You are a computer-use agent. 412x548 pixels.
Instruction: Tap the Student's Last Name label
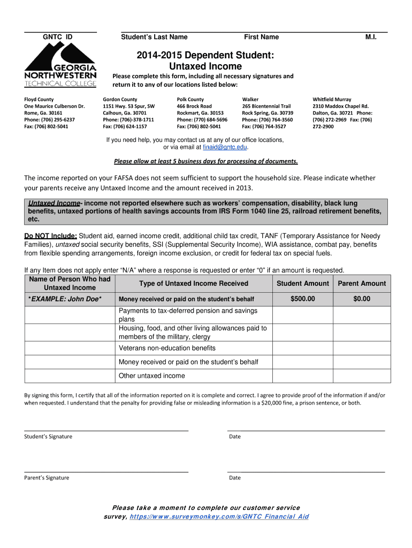(x=154, y=37)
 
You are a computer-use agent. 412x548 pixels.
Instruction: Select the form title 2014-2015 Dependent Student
(x=205, y=56)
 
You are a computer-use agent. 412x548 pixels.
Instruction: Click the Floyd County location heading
(x=39, y=100)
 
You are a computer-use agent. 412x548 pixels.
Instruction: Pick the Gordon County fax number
(x=125, y=127)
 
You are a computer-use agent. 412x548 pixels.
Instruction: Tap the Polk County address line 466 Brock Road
(x=194, y=106)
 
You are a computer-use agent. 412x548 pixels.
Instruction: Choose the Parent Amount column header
(x=362, y=284)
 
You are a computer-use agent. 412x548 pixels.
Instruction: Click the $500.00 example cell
(x=302, y=299)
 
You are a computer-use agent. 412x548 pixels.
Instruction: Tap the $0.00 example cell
(x=362, y=299)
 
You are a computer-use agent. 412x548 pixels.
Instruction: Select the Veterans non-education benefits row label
(x=167, y=348)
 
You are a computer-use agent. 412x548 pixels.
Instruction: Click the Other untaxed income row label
(x=152, y=376)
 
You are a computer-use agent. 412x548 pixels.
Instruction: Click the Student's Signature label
(x=48, y=437)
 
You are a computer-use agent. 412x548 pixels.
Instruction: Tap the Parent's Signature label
(x=47, y=478)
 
